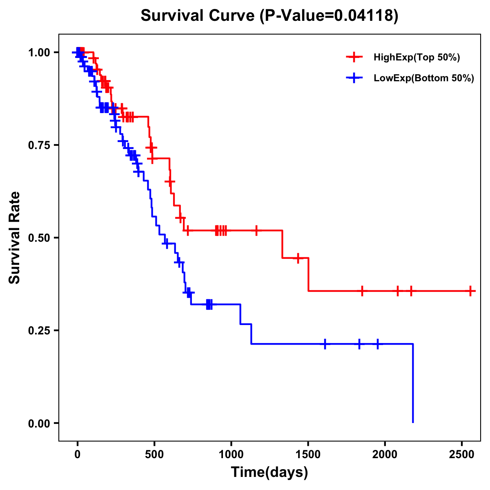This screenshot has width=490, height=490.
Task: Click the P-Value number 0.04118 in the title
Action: pyautogui.click(x=364, y=16)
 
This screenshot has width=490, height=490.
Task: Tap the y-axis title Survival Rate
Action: pyautogui.click(x=15, y=238)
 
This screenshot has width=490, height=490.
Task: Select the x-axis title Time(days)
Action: pyautogui.click(x=269, y=472)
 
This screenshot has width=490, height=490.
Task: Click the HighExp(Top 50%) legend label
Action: pyautogui.click(x=417, y=58)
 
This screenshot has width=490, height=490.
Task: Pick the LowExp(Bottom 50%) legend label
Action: pyautogui.click(x=424, y=78)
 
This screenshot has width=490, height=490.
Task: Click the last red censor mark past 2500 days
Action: pyautogui.click(x=470, y=291)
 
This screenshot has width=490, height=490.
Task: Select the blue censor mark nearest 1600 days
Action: pyautogui.click(x=325, y=344)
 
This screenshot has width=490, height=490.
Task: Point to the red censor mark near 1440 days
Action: pyautogui.click(x=298, y=258)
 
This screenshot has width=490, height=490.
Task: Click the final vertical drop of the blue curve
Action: pyautogui.click(x=413, y=384)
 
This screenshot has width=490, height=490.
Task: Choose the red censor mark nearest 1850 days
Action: pyautogui.click(x=362, y=291)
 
